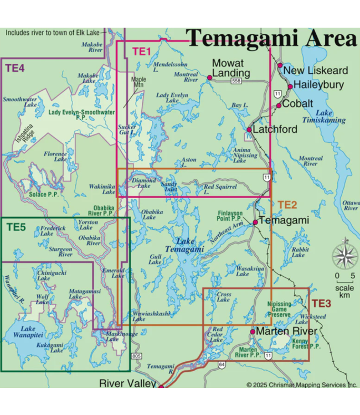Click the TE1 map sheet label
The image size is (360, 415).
(141, 51)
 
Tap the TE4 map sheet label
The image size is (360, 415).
(15, 69)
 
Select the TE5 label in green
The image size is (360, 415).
(17, 226)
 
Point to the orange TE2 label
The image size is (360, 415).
(287, 205)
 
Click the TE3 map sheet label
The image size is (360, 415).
(321, 303)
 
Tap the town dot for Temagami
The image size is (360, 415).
(255, 222)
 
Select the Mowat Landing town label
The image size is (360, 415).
(231, 68)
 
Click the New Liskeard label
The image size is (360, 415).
(316, 70)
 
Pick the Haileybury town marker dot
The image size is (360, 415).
(290, 86)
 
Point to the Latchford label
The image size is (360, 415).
(275, 129)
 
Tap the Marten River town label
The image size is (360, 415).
(286, 331)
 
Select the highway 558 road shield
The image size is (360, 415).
(236, 81)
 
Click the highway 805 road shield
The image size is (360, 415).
(137, 357)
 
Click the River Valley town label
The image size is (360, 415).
(127, 383)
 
